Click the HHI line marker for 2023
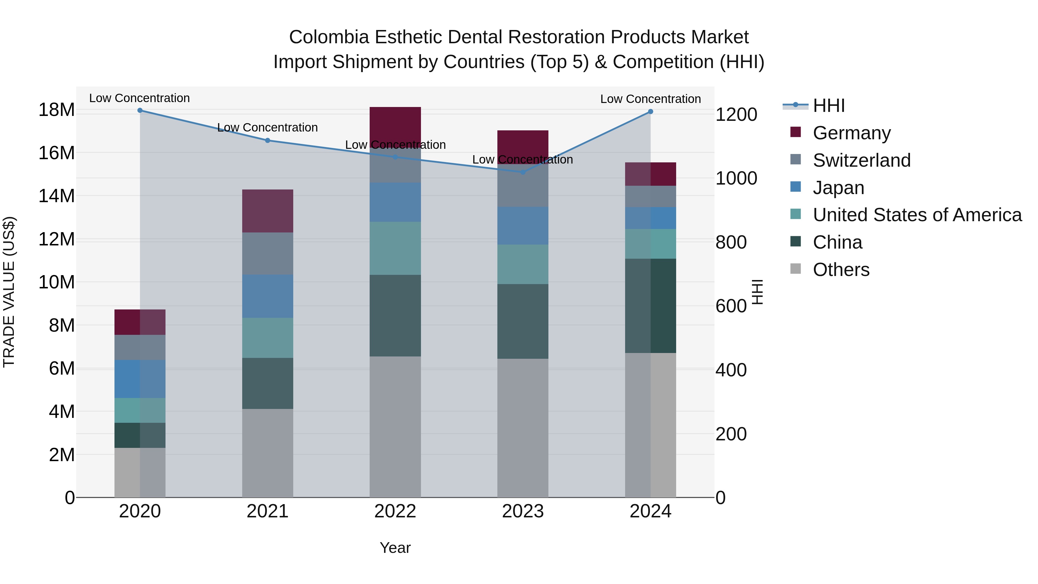[523, 172]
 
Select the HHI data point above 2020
[140, 110]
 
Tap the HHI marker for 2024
[650, 112]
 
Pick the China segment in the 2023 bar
[523, 321]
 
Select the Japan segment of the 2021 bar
[268, 296]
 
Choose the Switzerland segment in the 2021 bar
[268, 253]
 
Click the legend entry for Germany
[851, 133]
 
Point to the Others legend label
[841, 270]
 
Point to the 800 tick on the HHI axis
[731, 242]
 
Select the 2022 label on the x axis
[395, 511]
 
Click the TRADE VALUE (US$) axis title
[9, 292]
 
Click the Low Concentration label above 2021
[268, 128]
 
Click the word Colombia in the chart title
[329, 37]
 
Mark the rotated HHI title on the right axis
[757, 292]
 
